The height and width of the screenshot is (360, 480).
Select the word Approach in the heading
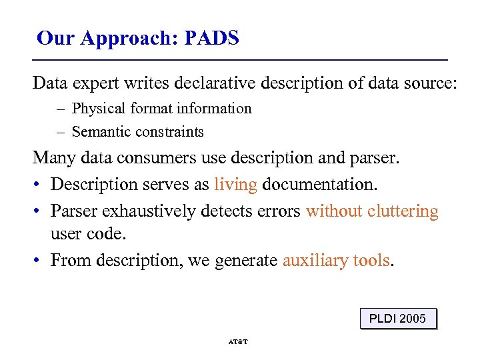click(126, 39)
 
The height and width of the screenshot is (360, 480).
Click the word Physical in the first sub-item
click(99, 109)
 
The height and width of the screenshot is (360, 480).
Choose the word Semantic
click(99, 132)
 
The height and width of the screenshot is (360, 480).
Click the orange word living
click(235, 185)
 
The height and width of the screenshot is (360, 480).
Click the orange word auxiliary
click(312, 260)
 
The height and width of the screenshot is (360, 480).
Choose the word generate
click(246, 261)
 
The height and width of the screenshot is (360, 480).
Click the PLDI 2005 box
click(397, 318)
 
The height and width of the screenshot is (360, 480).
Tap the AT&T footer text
click(238, 341)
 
